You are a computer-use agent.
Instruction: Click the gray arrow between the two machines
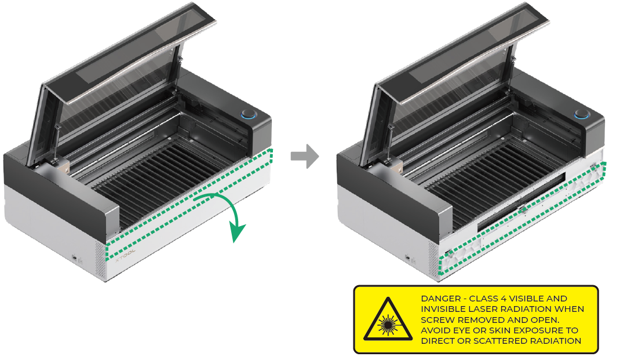tap(305, 157)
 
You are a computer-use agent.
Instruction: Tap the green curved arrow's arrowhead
tap(237, 232)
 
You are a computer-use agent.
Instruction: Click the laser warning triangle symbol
tap(388, 320)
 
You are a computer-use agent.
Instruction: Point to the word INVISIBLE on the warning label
tap(443, 309)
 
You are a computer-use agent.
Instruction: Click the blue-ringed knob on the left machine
tap(249, 115)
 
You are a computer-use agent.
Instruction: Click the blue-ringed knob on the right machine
tap(582, 114)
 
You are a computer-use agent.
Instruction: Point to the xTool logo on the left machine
tap(125, 255)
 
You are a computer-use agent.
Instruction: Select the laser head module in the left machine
tap(61, 166)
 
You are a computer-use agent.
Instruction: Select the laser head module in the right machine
tap(394, 166)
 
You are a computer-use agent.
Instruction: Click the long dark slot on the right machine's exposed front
tap(521, 202)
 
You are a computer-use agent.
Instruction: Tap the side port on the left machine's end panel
tap(75, 257)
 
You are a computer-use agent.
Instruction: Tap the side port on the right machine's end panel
tap(408, 257)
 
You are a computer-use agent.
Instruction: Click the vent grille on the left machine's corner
tap(100, 260)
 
